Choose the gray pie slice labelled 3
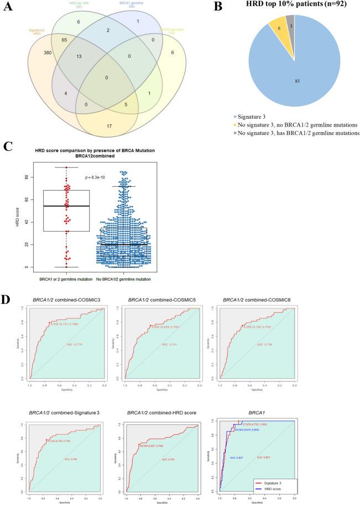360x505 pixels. (290, 25)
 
